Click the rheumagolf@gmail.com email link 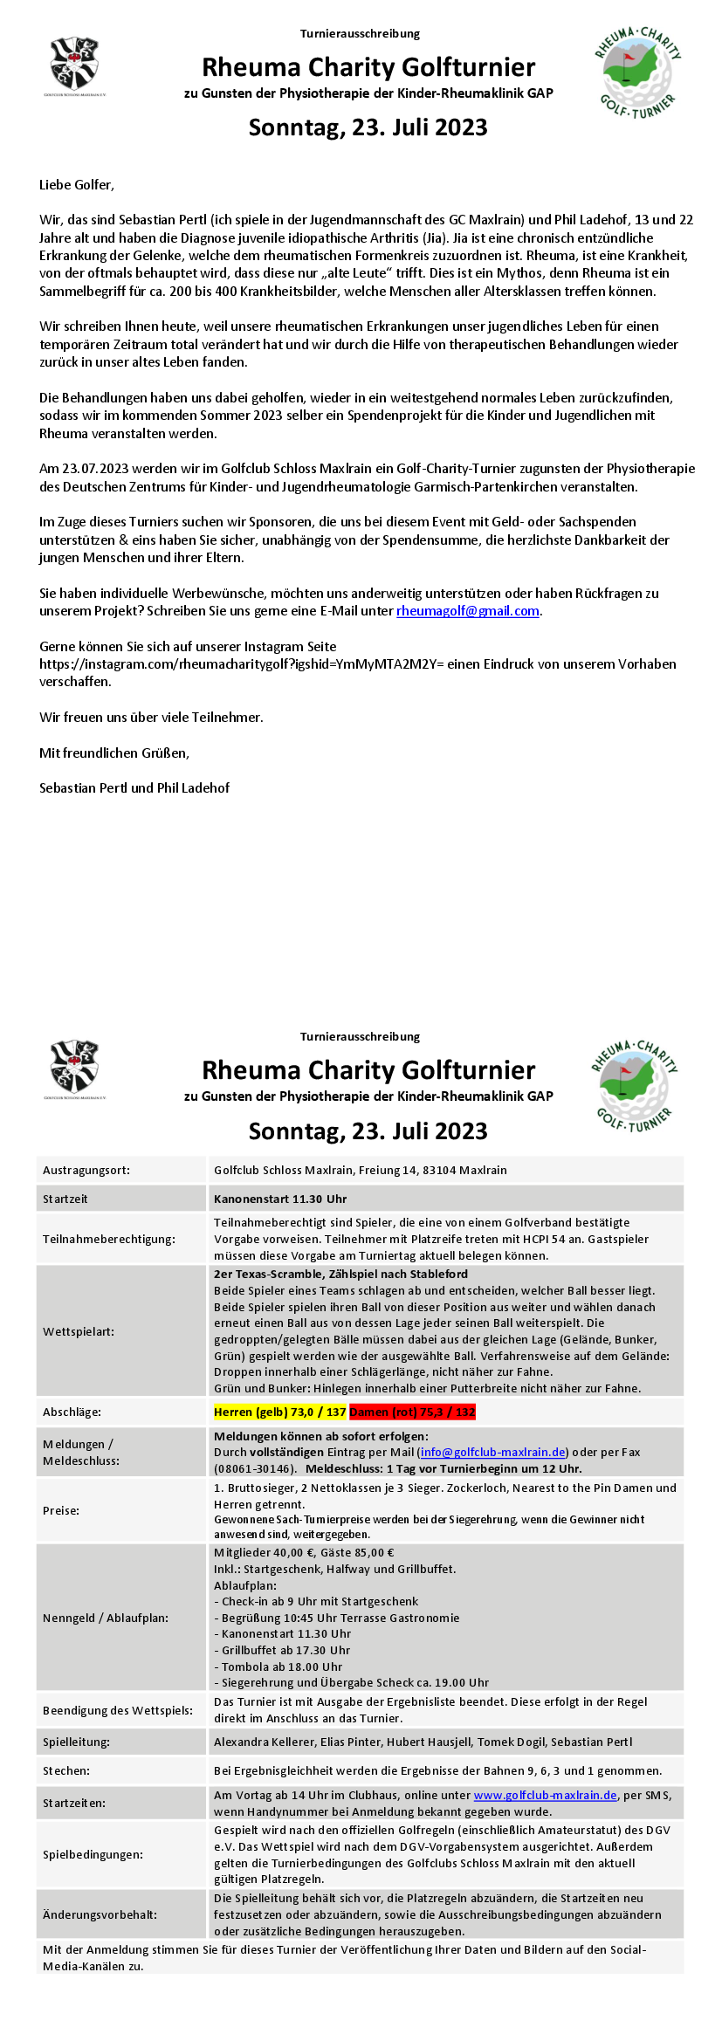point(468,611)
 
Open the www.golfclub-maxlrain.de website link point(545,1795)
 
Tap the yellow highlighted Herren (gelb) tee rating point(280,1412)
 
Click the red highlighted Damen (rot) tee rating point(412,1412)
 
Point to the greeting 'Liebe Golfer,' point(77,185)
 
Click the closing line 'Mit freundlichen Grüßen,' point(114,752)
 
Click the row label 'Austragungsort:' point(86,1170)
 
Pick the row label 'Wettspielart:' point(79,1331)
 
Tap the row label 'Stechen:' point(66,1770)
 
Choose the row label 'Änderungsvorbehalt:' point(100,1914)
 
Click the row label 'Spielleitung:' point(77,1742)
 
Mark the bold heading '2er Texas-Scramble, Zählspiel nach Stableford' point(340,1274)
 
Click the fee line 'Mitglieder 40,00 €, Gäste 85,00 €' point(304,1552)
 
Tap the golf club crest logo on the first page point(75,64)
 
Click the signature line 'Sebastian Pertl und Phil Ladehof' point(134,788)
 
